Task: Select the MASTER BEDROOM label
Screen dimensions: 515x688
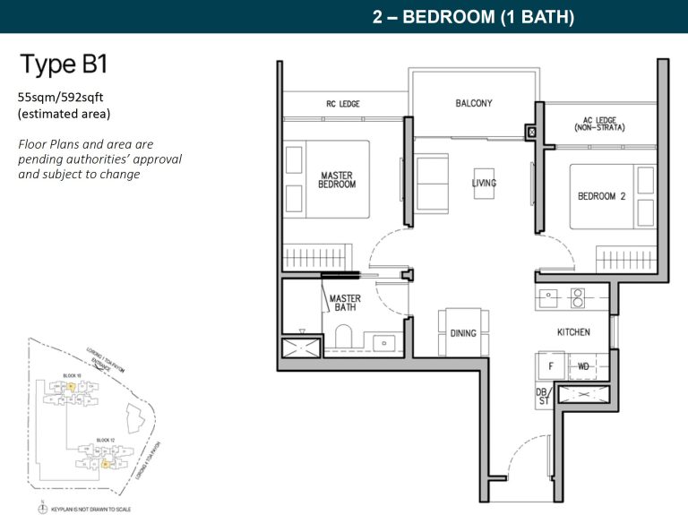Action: pos(337,179)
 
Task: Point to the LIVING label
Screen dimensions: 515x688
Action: pos(484,184)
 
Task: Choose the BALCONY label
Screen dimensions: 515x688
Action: pos(473,103)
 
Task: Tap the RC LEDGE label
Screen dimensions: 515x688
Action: pos(342,105)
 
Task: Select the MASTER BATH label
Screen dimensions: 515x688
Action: pos(345,304)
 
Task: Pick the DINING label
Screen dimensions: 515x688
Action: pos(463,333)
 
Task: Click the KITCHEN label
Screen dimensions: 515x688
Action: pos(573,332)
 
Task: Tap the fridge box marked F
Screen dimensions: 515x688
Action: pos(551,365)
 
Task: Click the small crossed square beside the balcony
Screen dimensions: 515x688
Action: pos(532,132)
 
